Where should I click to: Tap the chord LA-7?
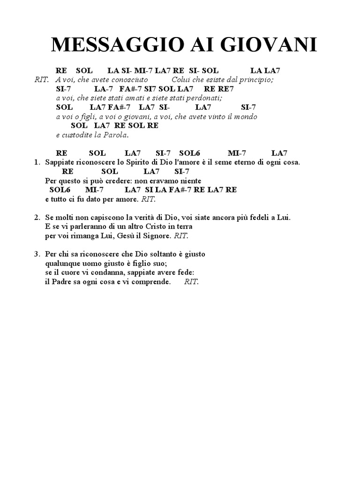click(x=103, y=89)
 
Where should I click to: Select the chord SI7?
click(x=150, y=89)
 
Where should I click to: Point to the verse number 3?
click(x=37, y=254)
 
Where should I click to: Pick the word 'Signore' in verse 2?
click(x=158, y=235)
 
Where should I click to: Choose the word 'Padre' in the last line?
click(x=61, y=281)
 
